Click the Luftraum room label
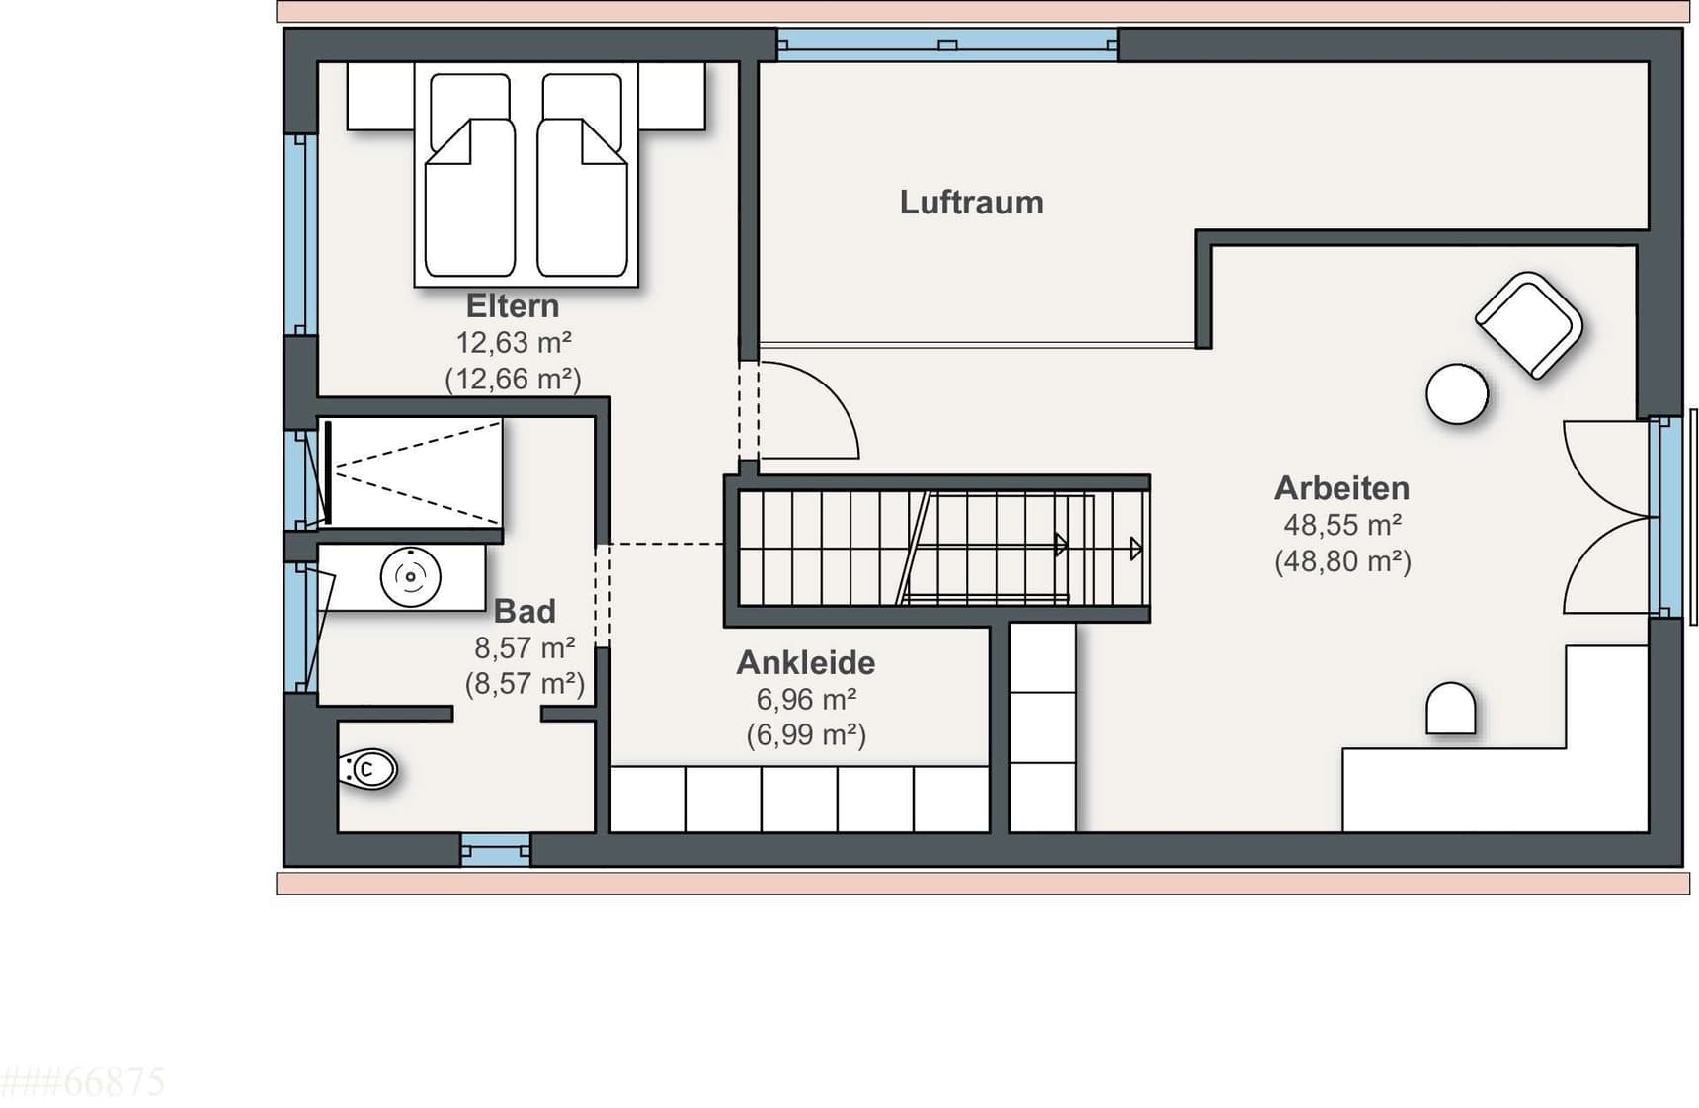(x=971, y=203)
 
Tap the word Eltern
(x=513, y=305)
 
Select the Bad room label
(x=525, y=611)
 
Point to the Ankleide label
(x=806, y=662)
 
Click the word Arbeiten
(x=1341, y=488)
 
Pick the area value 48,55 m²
(x=1342, y=525)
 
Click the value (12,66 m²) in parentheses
(x=513, y=379)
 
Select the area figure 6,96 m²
(x=806, y=699)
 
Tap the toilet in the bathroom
(x=367, y=769)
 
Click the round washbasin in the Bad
(x=410, y=576)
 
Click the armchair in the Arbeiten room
(x=1529, y=324)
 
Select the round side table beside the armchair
(x=1457, y=394)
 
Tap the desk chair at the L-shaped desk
(x=1451, y=709)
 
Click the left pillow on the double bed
(x=469, y=111)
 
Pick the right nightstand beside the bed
(x=672, y=96)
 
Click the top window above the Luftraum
(x=947, y=44)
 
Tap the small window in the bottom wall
(x=495, y=850)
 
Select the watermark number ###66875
(x=83, y=1082)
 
